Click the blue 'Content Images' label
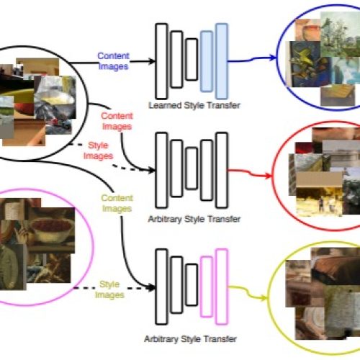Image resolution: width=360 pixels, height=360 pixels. click(113, 61)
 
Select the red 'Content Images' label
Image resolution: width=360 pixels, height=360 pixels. click(117, 121)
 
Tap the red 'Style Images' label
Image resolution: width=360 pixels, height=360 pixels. click(98, 150)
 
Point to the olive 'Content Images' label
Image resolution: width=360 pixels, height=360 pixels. click(117, 203)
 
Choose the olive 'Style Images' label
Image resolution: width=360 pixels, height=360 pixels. click(109, 289)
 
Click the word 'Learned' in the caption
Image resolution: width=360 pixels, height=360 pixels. click(165, 105)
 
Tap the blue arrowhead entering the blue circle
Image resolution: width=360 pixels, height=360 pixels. click(273, 58)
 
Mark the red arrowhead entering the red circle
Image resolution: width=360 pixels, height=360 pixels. click(269, 176)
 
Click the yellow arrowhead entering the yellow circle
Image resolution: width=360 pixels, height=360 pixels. click(264, 298)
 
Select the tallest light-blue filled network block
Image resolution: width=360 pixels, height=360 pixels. click(222, 61)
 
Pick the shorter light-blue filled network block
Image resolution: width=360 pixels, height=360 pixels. click(207, 61)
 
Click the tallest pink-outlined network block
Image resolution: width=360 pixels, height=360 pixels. click(222, 287)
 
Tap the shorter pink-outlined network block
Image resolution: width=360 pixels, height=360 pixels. click(207, 287)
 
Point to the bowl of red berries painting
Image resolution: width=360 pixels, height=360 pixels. click(52, 230)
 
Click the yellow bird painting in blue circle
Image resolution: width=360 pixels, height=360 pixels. click(305, 64)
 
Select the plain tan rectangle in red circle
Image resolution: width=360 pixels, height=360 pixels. click(319, 179)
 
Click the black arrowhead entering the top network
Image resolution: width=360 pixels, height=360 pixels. click(152, 61)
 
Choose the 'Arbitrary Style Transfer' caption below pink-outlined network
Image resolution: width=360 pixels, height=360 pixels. click(191, 339)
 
